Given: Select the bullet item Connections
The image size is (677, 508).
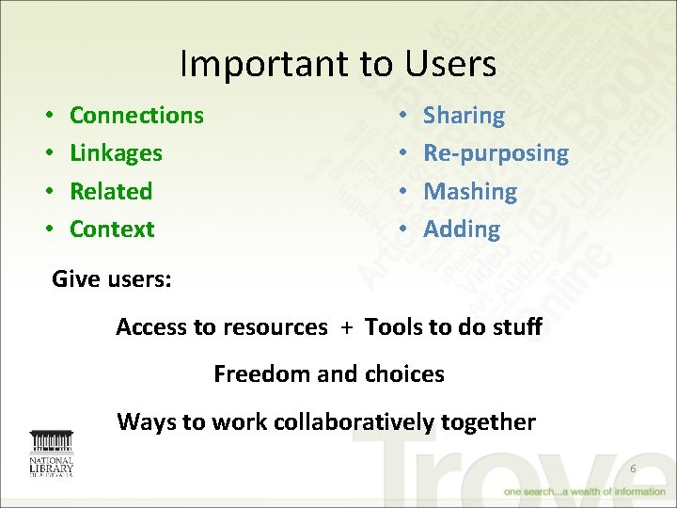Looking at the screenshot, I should click(x=136, y=116).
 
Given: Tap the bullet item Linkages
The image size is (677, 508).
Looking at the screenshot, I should click(x=116, y=153).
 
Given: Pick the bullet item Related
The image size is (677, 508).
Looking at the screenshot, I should click(x=111, y=191).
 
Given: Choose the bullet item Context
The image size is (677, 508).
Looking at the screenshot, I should click(x=112, y=229).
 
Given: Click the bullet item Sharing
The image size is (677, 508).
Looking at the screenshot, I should click(x=464, y=116).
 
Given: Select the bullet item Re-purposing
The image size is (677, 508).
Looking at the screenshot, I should click(x=496, y=153).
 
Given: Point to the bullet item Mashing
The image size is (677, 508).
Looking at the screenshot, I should click(x=470, y=191).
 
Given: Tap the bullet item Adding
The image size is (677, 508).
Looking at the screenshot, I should click(x=462, y=229).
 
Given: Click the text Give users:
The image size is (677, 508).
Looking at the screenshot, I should click(x=100, y=278).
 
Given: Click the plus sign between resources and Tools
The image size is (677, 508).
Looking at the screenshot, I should click(x=347, y=327).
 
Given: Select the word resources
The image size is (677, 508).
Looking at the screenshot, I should click(x=275, y=327).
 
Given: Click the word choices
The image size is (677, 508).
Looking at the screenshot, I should click(x=404, y=374).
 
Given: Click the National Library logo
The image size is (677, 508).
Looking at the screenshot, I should click(x=51, y=453).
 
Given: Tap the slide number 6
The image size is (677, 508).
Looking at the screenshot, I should click(x=633, y=468).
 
